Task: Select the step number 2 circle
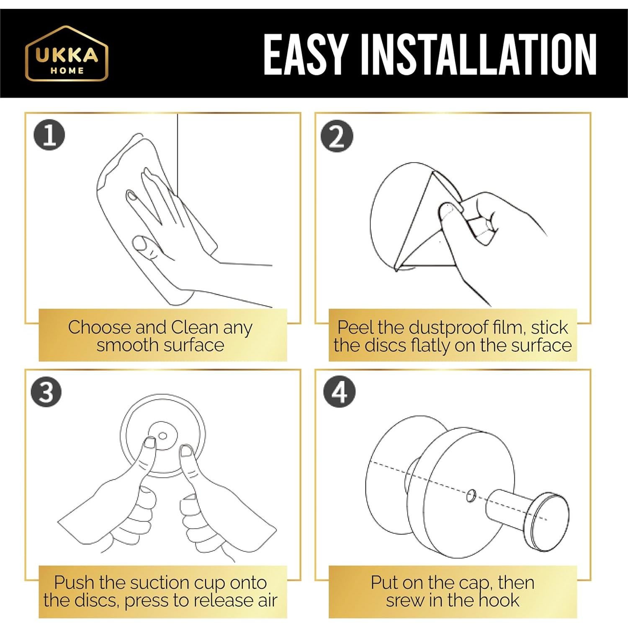(x=337, y=136)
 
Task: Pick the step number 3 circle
(x=46, y=392)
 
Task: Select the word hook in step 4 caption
(x=499, y=600)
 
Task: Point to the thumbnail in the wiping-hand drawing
(x=139, y=243)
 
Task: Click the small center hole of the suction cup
(x=163, y=436)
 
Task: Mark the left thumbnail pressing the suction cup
(x=149, y=443)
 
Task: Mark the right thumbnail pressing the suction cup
(x=186, y=451)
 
